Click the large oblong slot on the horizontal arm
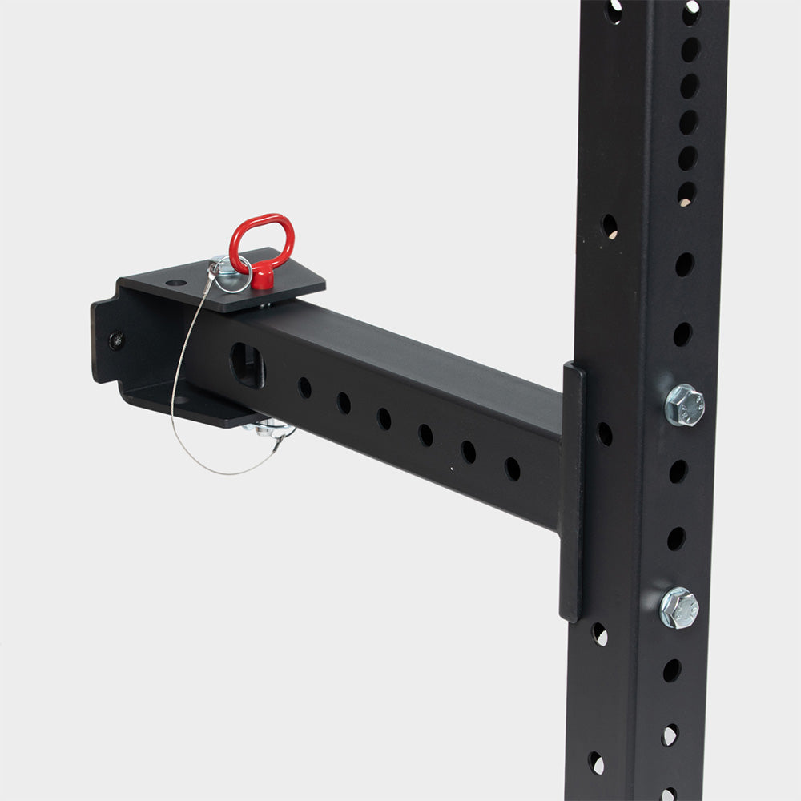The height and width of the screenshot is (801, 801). click(246, 365)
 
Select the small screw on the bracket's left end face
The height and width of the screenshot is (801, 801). click(117, 340)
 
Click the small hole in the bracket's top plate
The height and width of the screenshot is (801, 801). click(175, 283)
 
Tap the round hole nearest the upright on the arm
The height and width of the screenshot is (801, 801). click(511, 469)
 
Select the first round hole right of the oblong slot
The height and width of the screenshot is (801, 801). click(304, 388)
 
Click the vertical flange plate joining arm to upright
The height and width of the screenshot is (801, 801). click(571, 489)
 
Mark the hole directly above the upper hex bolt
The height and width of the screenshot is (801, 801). click(682, 334)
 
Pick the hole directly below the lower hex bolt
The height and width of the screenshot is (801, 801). click(671, 670)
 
